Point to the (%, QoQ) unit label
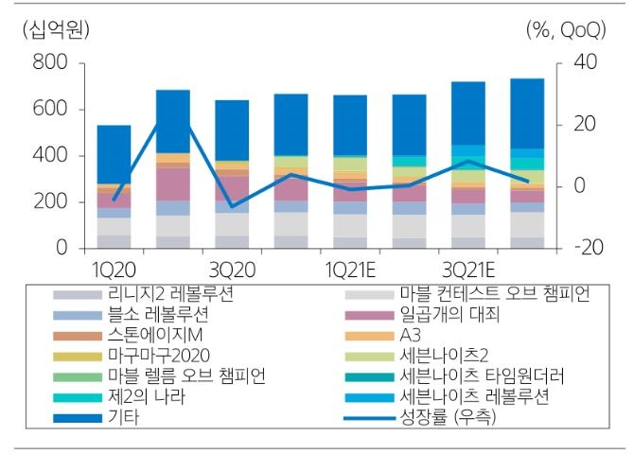pos(566,30)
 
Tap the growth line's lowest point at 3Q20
pos(232,205)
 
